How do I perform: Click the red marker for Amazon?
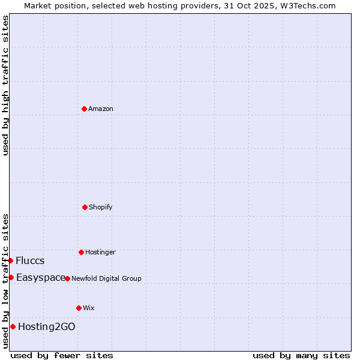[84, 109]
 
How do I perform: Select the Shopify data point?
[85, 207]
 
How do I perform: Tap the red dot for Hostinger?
[81, 252]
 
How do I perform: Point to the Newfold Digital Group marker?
[67, 278]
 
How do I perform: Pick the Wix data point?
[79, 308]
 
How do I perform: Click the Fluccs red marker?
[10, 260]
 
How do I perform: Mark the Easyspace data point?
[11, 277]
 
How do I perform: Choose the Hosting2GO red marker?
[13, 326]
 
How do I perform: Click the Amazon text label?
[101, 109]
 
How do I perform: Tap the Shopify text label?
[101, 207]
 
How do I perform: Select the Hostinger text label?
[100, 252]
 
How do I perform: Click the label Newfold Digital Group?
[106, 278]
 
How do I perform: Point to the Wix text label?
[89, 308]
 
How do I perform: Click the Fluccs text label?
[30, 260]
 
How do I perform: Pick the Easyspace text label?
[40, 277]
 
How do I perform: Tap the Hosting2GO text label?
[47, 326]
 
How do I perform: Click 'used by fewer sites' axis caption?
[62, 355]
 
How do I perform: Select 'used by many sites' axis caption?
[301, 355]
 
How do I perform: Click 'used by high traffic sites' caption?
[5, 85]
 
